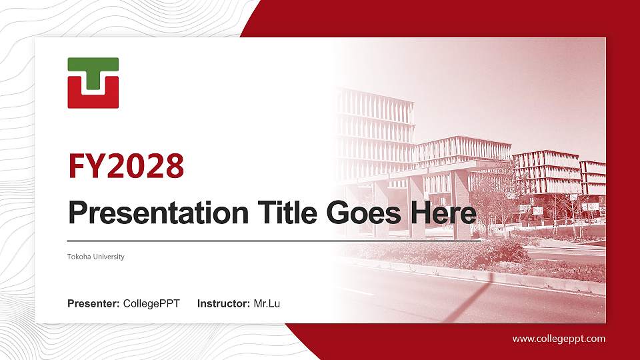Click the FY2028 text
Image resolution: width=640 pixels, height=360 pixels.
126,166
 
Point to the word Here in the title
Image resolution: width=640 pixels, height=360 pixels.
443,213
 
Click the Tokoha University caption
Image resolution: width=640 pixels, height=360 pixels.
96,257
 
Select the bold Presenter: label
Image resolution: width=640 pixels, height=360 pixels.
93,304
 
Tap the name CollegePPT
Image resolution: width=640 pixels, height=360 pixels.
151,304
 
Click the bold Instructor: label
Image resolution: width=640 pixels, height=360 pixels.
224,304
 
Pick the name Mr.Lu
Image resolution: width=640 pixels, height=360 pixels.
267,304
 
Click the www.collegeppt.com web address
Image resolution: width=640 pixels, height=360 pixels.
559,339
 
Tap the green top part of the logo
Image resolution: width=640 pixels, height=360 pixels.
93,65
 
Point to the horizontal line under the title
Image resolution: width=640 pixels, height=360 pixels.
267,240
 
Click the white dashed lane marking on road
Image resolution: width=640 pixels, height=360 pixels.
357,291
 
